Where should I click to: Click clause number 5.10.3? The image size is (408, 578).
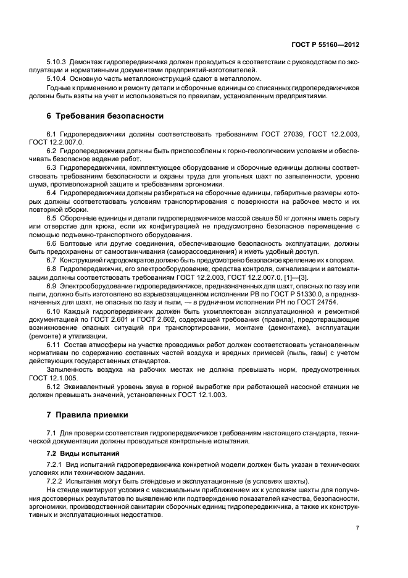(x=57, y=63)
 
